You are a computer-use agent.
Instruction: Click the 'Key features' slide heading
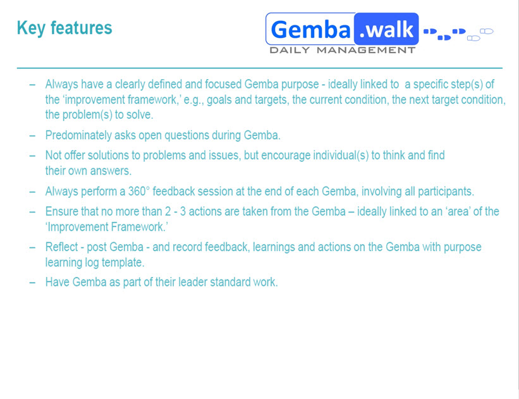click(x=64, y=28)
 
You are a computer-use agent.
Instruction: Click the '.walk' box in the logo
click(x=386, y=29)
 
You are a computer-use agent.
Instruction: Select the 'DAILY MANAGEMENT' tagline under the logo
click(x=342, y=50)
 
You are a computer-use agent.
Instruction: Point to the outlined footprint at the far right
click(x=486, y=31)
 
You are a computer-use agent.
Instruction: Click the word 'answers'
click(x=116, y=171)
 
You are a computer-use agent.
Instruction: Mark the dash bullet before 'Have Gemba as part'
click(x=32, y=283)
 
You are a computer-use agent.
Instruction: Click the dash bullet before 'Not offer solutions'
click(x=32, y=156)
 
